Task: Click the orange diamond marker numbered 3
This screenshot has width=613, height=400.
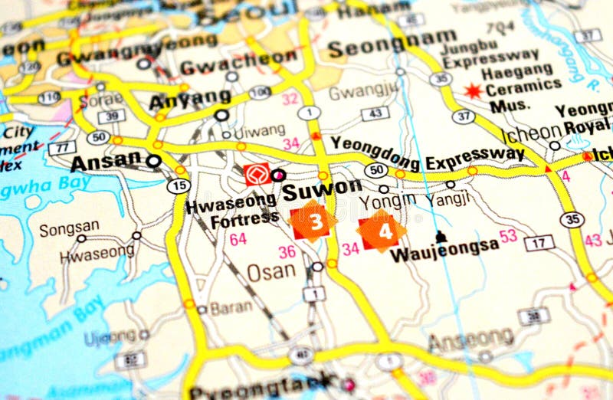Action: [313, 221]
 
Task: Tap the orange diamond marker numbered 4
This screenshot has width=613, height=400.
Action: [382, 230]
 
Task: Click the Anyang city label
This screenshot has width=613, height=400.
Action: [189, 99]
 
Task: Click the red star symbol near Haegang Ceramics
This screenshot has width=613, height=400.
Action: [473, 91]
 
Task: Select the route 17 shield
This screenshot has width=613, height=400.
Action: [539, 243]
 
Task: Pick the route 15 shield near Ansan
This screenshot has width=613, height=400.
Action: [179, 185]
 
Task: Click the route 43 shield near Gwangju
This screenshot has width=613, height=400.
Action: [375, 113]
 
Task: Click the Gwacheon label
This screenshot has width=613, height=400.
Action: [238, 59]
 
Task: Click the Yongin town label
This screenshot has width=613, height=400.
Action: [388, 201]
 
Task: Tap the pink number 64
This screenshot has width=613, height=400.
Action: [238, 239]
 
